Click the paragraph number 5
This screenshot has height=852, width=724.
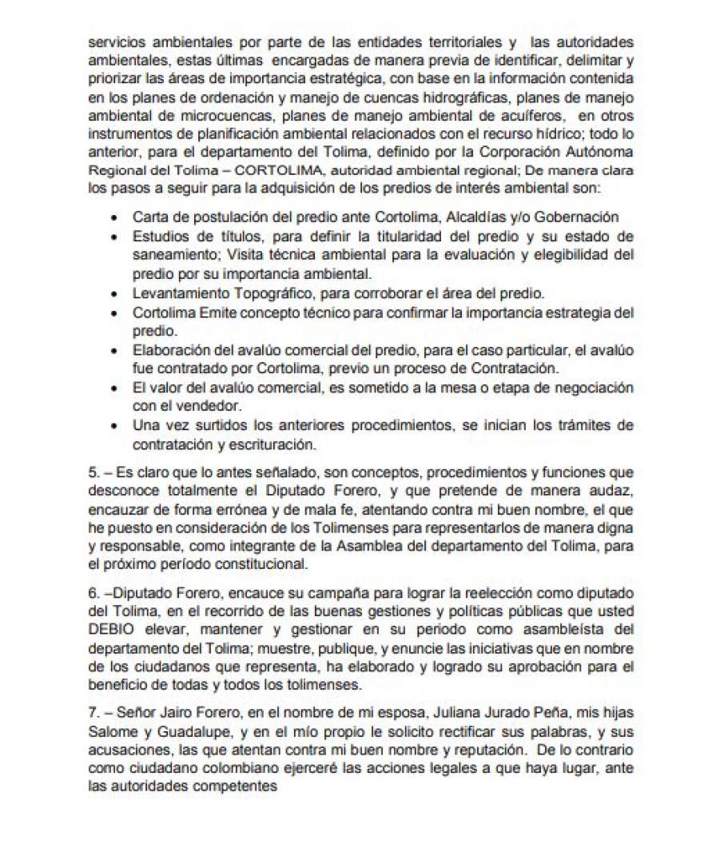pyautogui.click(x=92, y=472)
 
